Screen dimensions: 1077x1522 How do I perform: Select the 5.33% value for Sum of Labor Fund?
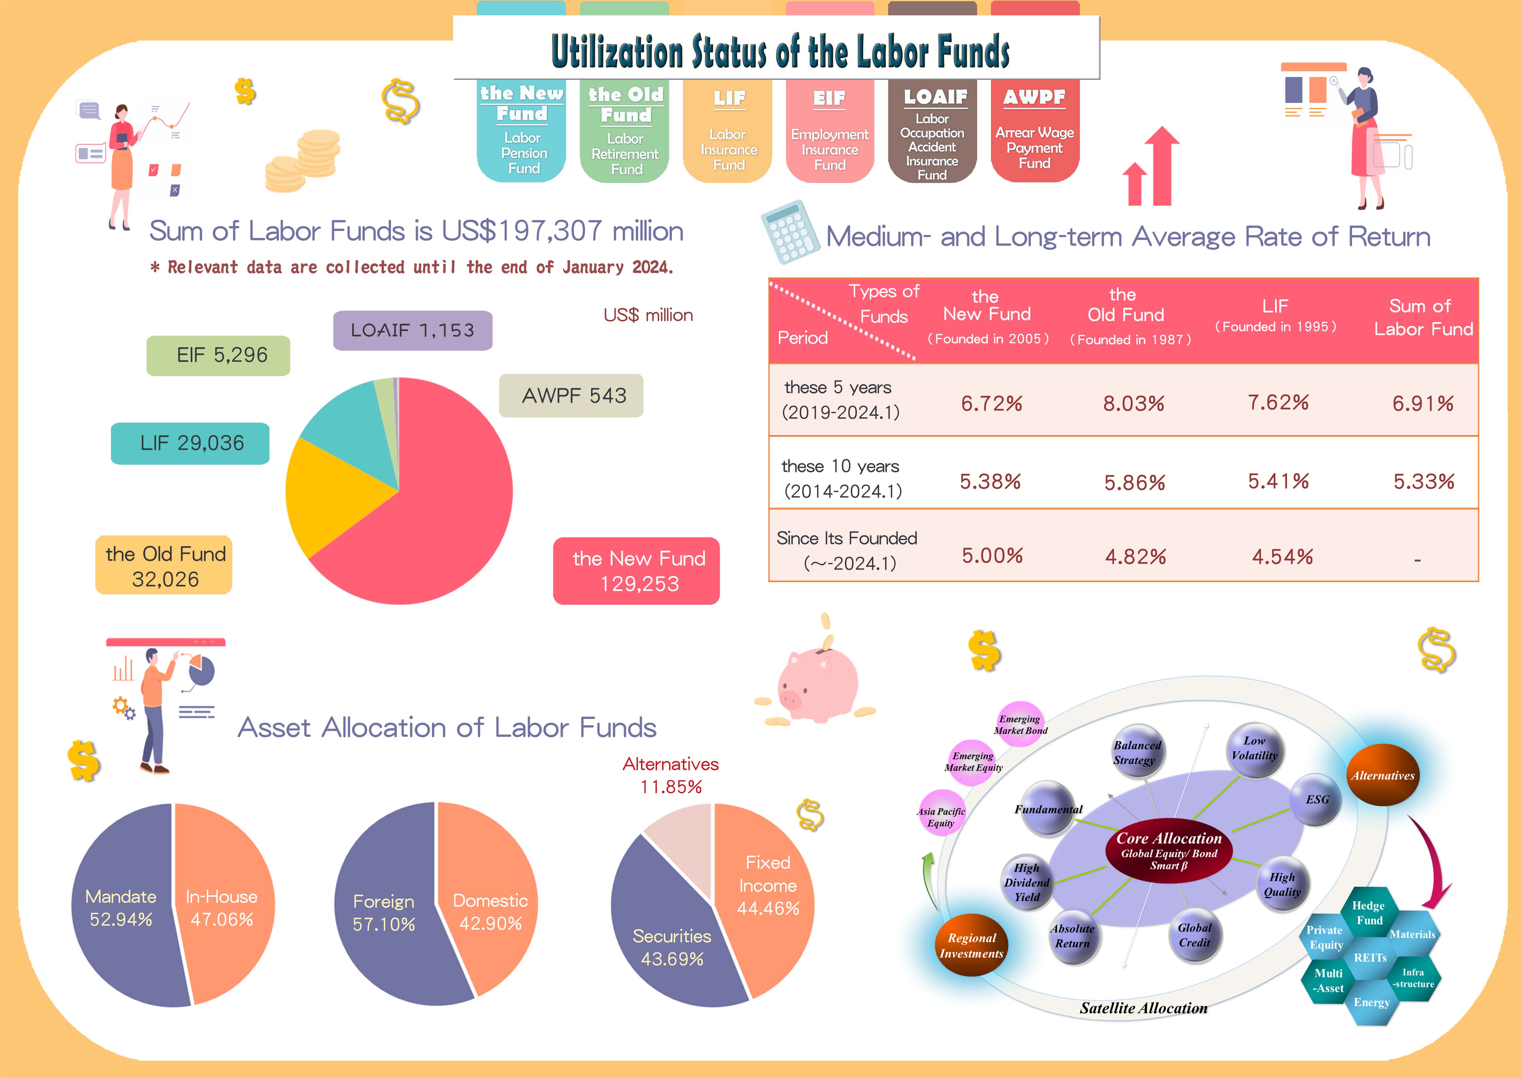pos(1423,481)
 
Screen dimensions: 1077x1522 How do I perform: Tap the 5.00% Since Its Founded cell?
pos(992,556)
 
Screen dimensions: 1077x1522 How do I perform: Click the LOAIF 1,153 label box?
pos(412,330)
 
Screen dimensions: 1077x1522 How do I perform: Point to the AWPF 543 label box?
pos(571,396)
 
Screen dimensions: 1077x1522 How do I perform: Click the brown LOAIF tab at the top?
pos(932,133)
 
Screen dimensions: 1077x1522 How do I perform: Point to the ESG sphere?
pos(1316,800)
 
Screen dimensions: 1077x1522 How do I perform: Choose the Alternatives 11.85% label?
pos(670,775)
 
